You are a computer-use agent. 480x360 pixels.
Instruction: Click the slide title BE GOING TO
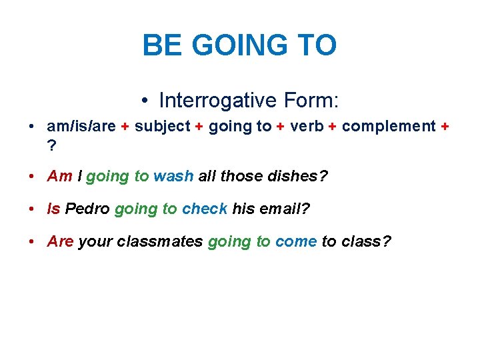pyautogui.click(x=239, y=46)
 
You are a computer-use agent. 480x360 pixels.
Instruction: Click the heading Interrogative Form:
pyautogui.click(x=249, y=101)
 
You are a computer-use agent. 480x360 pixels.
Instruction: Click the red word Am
pyautogui.click(x=60, y=176)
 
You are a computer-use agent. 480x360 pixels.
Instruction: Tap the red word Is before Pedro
pyautogui.click(x=54, y=209)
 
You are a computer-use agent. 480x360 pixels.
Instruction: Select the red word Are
pyautogui.click(x=61, y=241)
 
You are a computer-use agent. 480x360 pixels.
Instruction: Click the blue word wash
pyautogui.click(x=173, y=176)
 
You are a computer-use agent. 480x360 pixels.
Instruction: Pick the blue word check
pyautogui.click(x=205, y=209)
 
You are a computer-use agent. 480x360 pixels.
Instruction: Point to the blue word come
pyautogui.click(x=295, y=241)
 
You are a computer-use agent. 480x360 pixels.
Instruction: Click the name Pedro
pyautogui.click(x=87, y=209)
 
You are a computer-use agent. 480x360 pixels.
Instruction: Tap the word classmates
pyautogui.click(x=160, y=241)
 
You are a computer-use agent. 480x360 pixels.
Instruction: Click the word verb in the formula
pyautogui.click(x=307, y=127)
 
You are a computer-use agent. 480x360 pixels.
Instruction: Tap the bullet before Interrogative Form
pyautogui.click(x=145, y=101)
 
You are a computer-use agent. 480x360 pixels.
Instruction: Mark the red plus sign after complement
pyautogui.click(x=445, y=127)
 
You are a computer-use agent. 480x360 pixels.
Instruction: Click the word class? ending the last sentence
pyautogui.click(x=366, y=241)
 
